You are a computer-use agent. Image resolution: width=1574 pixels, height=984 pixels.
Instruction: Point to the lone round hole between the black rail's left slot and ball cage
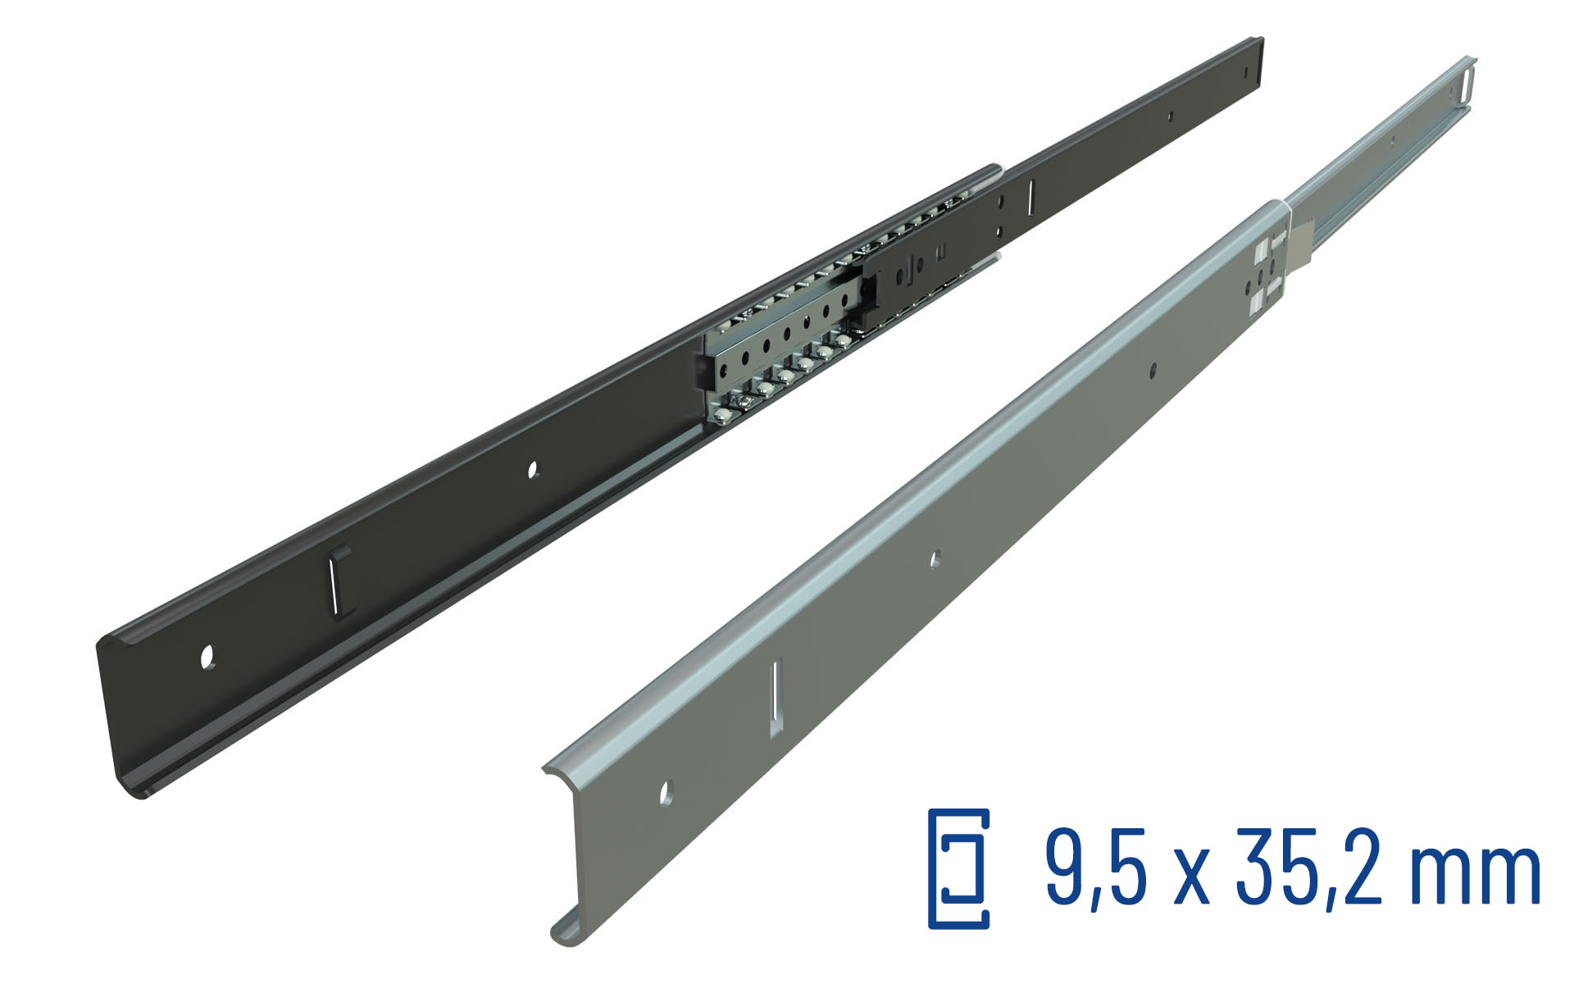532,470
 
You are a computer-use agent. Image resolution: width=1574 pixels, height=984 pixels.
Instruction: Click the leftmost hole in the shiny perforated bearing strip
723,371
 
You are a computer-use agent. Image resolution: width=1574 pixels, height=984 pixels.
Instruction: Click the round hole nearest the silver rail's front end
666,793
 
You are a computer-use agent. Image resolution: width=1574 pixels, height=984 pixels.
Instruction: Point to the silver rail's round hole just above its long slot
935,559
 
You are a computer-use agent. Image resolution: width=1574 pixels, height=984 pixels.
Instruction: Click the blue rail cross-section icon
958,868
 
